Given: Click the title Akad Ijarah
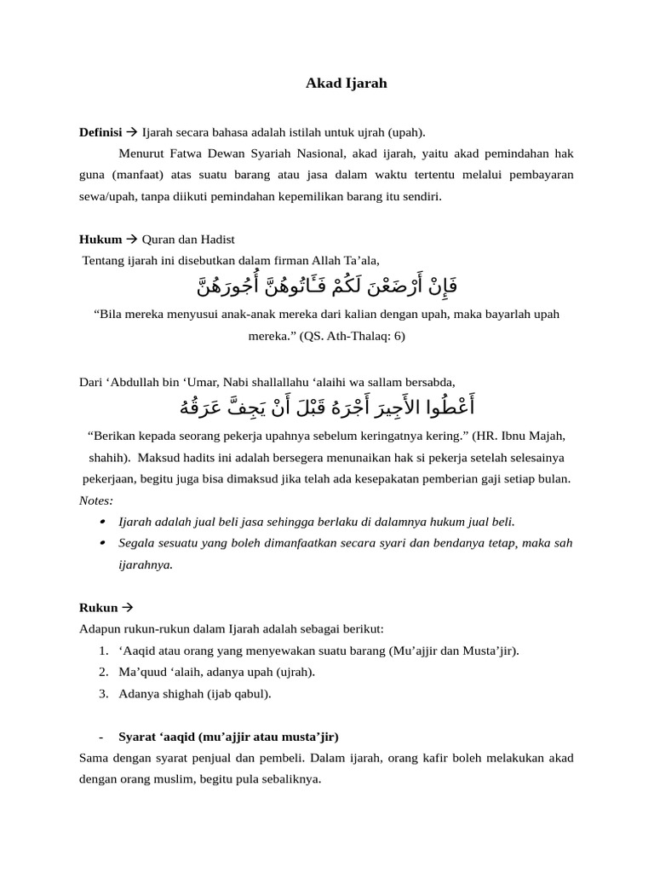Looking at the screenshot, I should pyautogui.click(x=347, y=84).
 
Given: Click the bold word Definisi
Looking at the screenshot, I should pyautogui.click(x=100, y=132).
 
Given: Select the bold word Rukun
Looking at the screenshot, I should pyautogui.click(x=98, y=608).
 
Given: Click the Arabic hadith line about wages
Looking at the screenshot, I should pyautogui.click(x=326, y=402).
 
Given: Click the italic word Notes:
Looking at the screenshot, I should pyautogui.click(x=95, y=500).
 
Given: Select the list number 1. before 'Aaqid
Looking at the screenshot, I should pyautogui.click(x=102, y=650).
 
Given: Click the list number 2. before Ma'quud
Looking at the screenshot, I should pyautogui.click(x=102, y=672).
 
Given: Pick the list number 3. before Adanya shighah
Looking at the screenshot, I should pyautogui.click(x=102, y=693).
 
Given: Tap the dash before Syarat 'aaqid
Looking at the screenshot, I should pyautogui.click(x=101, y=736).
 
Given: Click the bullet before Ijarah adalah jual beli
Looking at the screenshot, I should pyautogui.click(x=102, y=521).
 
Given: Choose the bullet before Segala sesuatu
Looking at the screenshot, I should pyautogui.click(x=102, y=542).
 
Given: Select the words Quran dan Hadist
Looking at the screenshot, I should pyautogui.click(x=187, y=240).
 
